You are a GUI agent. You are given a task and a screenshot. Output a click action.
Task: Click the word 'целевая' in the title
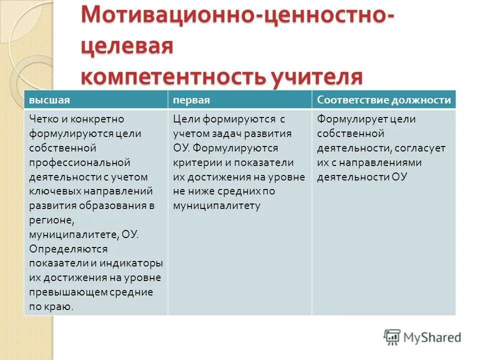pyautogui.click(x=126, y=48)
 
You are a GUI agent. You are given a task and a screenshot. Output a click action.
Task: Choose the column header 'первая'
pyautogui.click(x=191, y=100)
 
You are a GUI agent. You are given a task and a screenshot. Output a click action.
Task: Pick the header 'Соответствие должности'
pyautogui.click(x=384, y=100)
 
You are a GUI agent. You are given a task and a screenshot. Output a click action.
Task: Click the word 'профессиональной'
pyautogui.click(x=79, y=162)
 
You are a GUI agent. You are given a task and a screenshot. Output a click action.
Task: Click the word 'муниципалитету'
pyautogui.click(x=216, y=205)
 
